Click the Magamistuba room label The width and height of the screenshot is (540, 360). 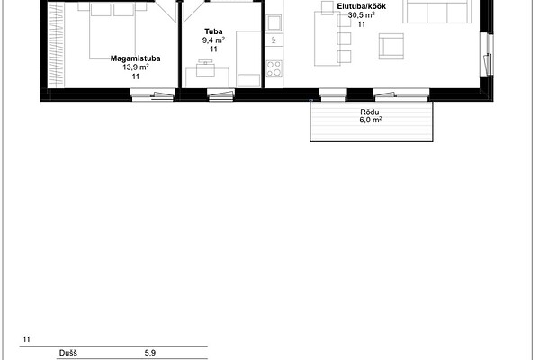135,58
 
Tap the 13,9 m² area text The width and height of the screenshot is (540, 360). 136,67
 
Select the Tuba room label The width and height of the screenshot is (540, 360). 213,31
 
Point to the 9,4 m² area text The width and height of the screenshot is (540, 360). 213,40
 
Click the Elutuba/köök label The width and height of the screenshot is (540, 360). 361,6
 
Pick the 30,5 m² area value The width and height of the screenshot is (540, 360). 361,15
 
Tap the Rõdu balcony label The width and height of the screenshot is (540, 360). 370,112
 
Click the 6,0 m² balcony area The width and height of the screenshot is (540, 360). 371,120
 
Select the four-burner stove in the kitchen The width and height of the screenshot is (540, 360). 274,68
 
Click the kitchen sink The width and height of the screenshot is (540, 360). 274,23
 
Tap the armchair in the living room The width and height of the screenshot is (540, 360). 391,46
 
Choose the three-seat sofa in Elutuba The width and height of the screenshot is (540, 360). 437,12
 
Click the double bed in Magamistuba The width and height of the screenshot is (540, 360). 112,31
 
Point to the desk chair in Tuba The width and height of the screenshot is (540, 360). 205,68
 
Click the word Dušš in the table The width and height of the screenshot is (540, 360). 67,353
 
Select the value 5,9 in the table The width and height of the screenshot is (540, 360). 150,353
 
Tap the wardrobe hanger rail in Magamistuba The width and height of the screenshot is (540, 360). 56,45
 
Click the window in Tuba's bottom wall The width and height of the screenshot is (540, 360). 220,94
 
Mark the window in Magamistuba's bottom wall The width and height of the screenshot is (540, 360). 153,94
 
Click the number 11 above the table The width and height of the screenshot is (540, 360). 26,339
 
